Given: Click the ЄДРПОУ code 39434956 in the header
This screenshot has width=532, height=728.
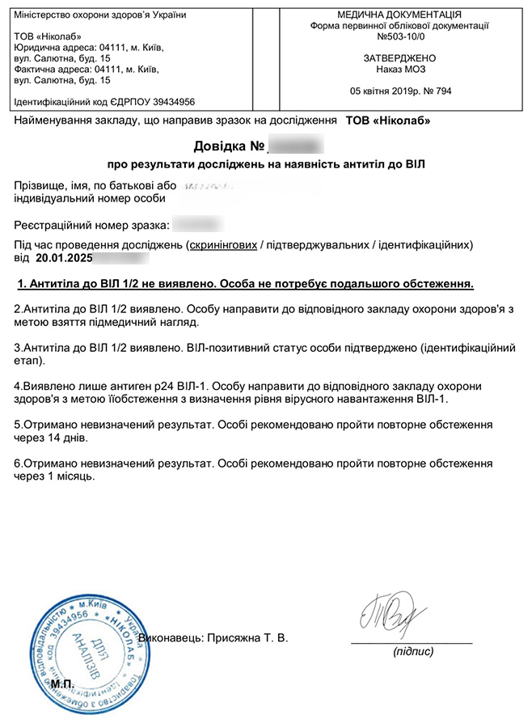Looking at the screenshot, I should (x=166, y=102).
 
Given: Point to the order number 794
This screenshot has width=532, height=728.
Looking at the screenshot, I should (x=443, y=91).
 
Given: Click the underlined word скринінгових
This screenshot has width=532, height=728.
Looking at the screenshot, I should (x=222, y=244).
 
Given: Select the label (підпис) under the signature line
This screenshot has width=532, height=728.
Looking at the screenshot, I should (x=412, y=651).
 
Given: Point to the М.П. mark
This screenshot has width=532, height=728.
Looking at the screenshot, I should (x=62, y=684).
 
